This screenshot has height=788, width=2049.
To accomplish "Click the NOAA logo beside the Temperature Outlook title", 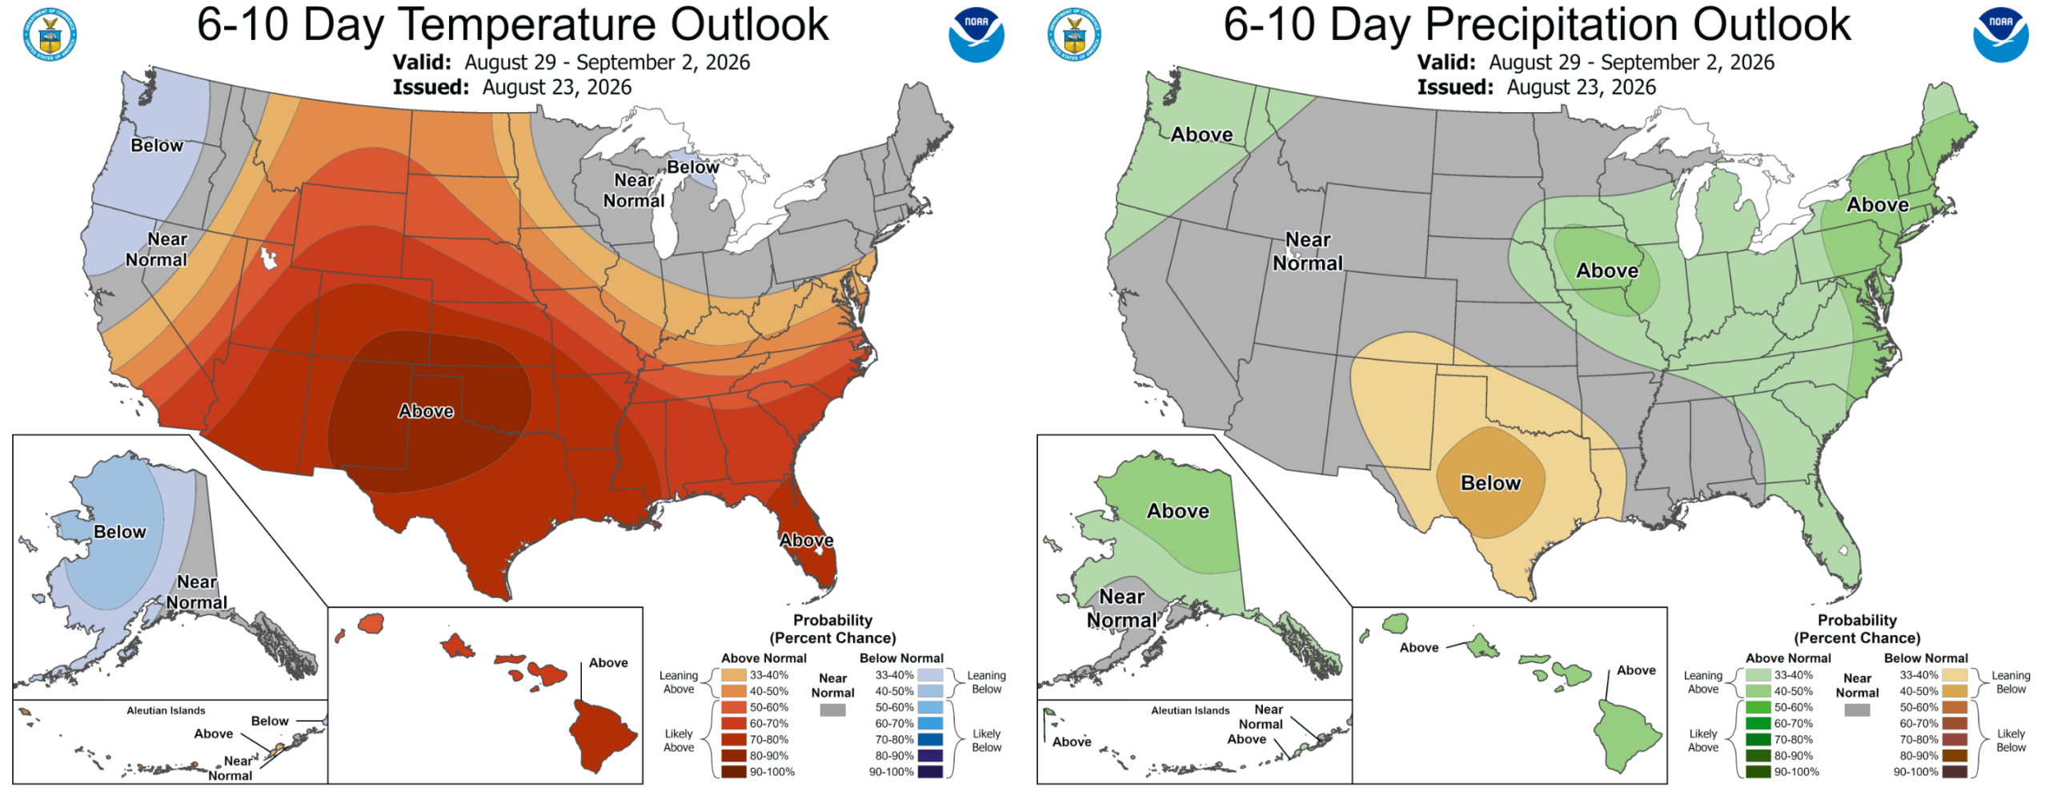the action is [x=976, y=35].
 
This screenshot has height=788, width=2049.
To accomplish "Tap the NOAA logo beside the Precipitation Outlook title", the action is [x=2000, y=35].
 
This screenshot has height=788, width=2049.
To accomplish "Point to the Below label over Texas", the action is [x=1490, y=483].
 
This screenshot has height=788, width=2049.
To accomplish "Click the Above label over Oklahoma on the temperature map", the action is [x=426, y=411].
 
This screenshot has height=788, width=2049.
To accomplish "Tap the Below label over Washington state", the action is [x=157, y=145].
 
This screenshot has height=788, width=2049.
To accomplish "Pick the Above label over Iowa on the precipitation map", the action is [x=1607, y=271].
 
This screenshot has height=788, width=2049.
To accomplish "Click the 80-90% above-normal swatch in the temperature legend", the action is [x=733, y=755].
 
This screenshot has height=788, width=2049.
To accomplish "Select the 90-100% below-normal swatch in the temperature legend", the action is [x=930, y=772].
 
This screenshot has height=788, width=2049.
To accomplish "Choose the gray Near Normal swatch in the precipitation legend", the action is [x=1857, y=710].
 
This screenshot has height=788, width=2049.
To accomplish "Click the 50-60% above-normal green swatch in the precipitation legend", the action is [x=1758, y=707].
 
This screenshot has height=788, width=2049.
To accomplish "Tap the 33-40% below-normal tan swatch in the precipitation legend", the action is [x=1955, y=675].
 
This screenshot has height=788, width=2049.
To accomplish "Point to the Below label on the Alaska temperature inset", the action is [x=120, y=532].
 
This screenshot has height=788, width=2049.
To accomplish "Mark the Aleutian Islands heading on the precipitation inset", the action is [x=1190, y=710].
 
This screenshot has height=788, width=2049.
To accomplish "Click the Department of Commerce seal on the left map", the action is [x=50, y=35].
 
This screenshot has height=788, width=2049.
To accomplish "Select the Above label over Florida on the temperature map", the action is [x=807, y=541].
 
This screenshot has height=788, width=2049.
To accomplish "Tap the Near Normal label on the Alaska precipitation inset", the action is [x=1121, y=609].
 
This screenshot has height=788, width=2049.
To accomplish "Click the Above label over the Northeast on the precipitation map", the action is [x=1878, y=205].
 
